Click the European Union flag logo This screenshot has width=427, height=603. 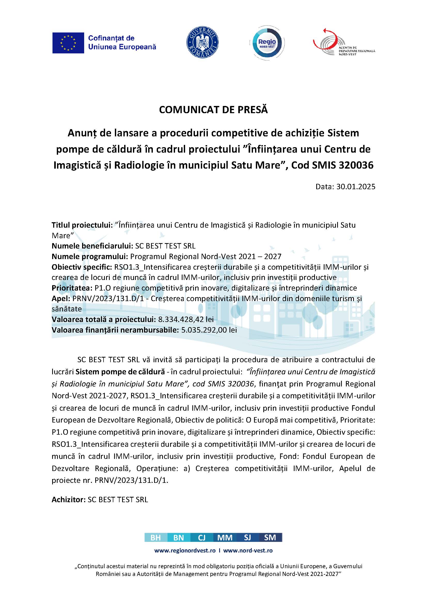68,43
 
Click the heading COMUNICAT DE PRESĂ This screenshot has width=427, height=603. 213,110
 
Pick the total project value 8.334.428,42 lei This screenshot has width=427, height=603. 186,319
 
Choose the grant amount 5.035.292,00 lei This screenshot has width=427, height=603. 209,330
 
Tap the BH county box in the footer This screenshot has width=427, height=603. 156,538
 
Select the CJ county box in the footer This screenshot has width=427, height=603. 202,538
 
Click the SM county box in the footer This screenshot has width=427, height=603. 270,538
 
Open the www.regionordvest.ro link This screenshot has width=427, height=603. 185,550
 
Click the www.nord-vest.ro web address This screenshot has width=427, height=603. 248,550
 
